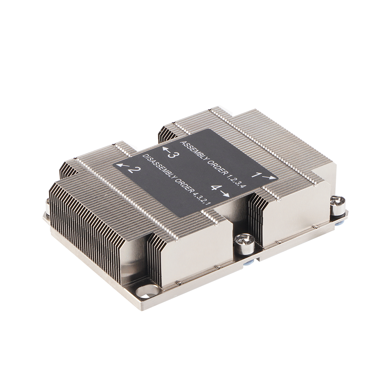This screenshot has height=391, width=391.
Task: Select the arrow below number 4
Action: coord(226,194)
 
